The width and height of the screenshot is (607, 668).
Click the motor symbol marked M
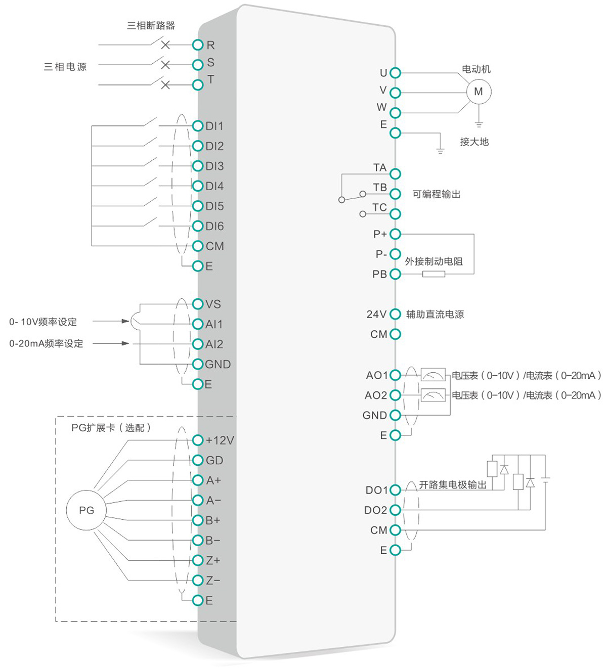pyautogui.click(x=478, y=92)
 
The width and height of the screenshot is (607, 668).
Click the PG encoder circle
pyautogui.click(x=86, y=510)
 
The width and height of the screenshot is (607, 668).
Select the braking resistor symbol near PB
pyautogui.click(x=433, y=274)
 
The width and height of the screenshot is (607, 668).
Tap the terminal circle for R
pyautogui.click(x=198, y=45)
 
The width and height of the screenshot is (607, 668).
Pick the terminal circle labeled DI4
pyautogui.click(x=198, y=186)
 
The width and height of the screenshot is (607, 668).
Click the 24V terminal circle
pyautogui.click(x=396, y=314)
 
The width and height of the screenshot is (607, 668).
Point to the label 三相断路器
pyautogui.click(x=151, y=25)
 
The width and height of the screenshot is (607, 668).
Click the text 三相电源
pyautogui.click(x=65, y=67)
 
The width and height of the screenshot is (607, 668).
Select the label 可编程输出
pyautogui.click(x=436, y=194)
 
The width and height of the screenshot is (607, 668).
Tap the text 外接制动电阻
pyautogui.click(x=433, y=261)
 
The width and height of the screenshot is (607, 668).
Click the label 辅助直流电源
pyautogui.click(x=435, y=314)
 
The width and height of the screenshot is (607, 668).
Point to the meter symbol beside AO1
pyautogui.click(x=433, y=375)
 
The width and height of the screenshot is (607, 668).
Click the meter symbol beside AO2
pyautogui.click(x=433, y=395)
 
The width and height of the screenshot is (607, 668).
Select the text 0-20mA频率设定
pyautogui.click(x=46, y=343)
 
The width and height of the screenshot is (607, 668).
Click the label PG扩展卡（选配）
pyautogui.click(x=111, y=428)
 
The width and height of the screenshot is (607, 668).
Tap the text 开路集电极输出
pyautogui.click(x=452, y=484)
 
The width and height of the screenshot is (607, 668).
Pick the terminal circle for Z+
pyautogui.click(x=198, y=560)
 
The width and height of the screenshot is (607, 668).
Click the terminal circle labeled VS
pyautogui.click(x=198, y=304)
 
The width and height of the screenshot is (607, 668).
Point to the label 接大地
pyautogui.click(x=474, y=142)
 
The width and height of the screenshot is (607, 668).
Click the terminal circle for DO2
pyautogui.click(x=396, y=510)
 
